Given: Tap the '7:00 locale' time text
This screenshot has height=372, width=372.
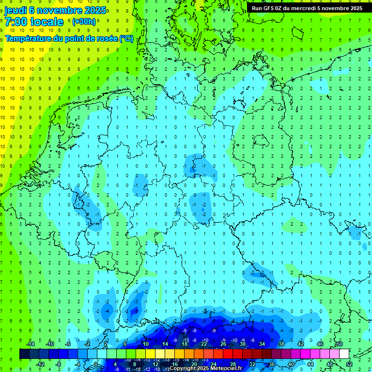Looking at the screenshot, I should tap(34, 22).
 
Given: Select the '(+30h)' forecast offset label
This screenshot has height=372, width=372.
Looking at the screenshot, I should tap(83, 22).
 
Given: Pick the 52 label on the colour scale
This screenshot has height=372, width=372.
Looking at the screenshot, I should tap(349, 364).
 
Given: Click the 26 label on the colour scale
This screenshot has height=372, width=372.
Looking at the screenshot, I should tap(223, 344).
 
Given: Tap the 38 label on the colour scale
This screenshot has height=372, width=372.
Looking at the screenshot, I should tap(281, 344).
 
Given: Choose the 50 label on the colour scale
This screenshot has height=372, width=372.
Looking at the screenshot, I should tap(339, 344).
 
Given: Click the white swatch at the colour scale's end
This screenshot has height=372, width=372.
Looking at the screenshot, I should tap(344, 354).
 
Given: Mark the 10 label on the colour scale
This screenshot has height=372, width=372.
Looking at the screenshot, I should tap(145, 344).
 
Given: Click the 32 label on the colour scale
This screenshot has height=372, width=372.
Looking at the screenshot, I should tap(252, 364).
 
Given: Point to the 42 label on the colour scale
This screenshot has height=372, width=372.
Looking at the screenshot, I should tap(300, 344).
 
